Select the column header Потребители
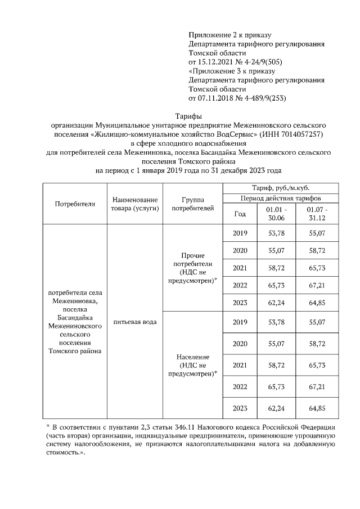(x=74, y=204)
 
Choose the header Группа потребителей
(x=193, y=204)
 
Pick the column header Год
(x=240, y=214)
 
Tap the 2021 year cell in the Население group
(x=240, y=366)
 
